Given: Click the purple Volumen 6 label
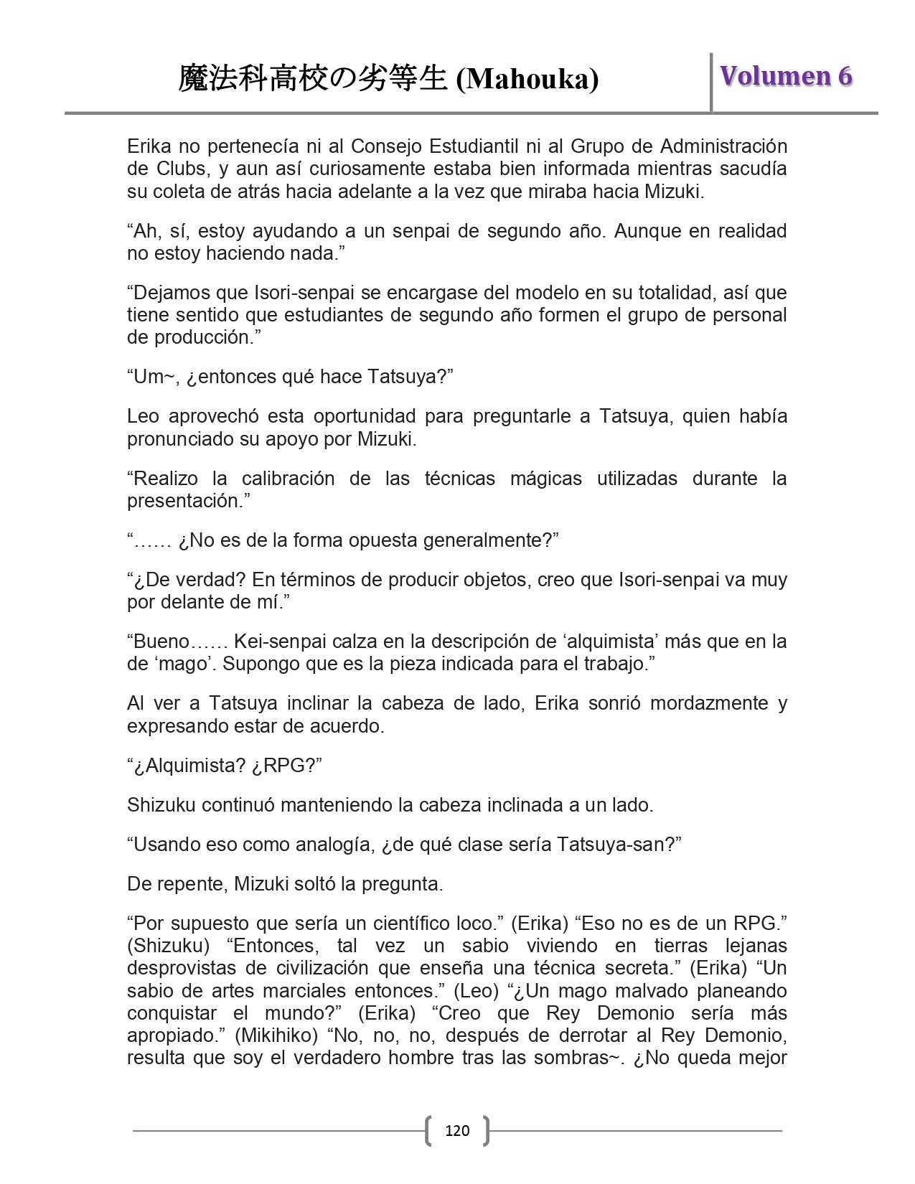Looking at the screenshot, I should point(786,76).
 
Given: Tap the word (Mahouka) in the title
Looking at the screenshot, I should point(527,79).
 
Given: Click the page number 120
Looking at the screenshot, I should point(457,1131).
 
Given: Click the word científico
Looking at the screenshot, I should point(408,923).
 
